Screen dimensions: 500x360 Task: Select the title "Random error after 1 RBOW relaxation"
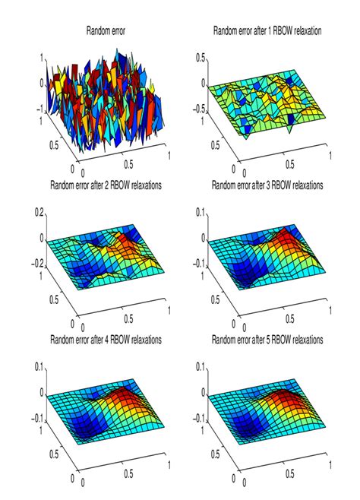[268, 31]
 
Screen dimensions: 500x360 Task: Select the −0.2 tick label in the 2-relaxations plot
[36, 266]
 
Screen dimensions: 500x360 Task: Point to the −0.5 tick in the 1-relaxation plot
[199, 108]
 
